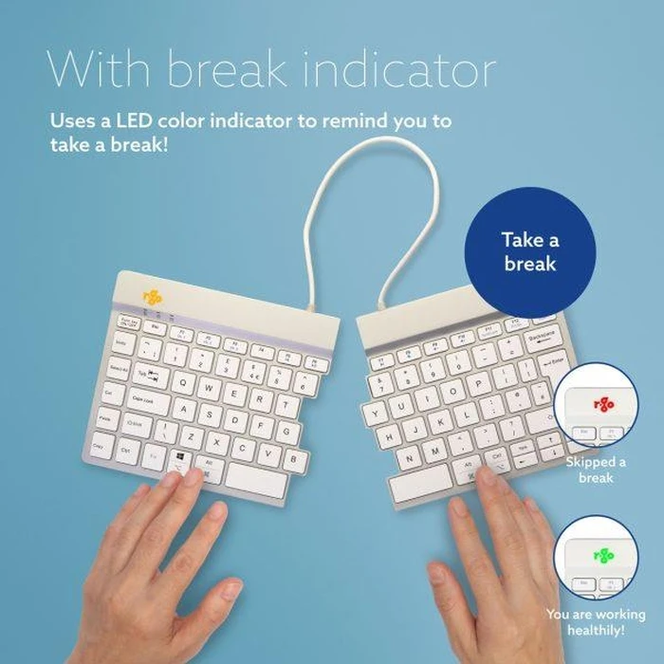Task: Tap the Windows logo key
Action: pyautogui.click(x=180, y=458)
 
